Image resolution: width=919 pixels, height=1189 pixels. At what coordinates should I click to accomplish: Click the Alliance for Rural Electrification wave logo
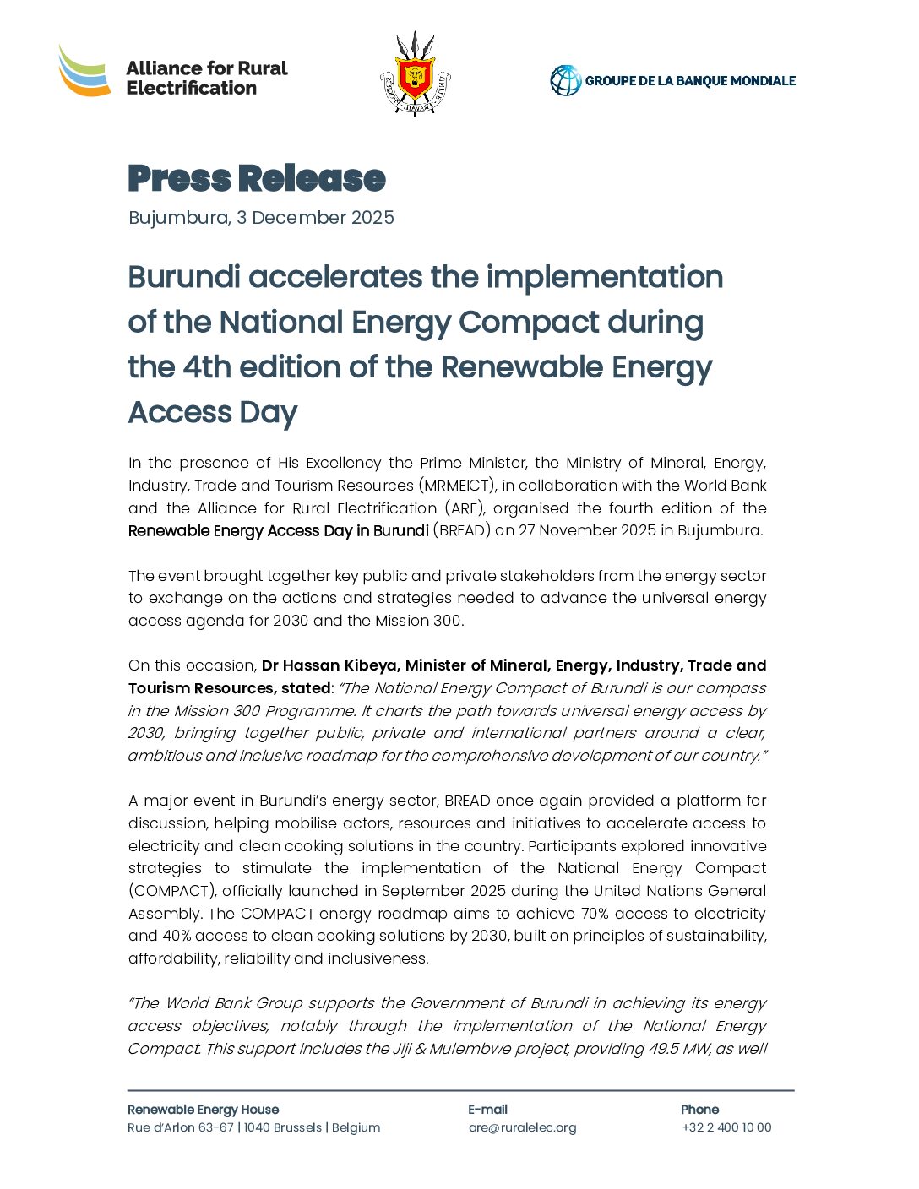(84, 71)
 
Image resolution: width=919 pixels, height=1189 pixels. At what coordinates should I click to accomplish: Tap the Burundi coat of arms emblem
(415, 74)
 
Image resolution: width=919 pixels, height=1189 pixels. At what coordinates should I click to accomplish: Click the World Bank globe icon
(565, 81)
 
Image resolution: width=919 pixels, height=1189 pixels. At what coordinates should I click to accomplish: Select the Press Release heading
(257, 179)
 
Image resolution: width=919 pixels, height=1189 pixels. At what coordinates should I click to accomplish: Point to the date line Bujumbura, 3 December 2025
(261, 218)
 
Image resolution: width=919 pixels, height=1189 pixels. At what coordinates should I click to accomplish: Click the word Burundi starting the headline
(184, 277)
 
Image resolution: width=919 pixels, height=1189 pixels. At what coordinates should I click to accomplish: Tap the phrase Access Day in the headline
(213, 413)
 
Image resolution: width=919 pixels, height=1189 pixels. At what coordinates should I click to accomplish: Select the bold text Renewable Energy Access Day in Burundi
(278, 531)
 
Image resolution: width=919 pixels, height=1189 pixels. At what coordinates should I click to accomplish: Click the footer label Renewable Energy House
(203, 1110)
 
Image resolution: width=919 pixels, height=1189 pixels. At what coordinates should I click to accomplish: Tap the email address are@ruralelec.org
(522, 1127)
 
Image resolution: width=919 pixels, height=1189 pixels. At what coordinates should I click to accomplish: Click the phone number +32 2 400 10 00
(726, 1127)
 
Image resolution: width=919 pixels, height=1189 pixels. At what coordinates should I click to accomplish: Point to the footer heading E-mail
(487, 1110)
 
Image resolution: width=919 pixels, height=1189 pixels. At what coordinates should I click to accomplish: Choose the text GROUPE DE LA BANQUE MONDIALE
(690, 81)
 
